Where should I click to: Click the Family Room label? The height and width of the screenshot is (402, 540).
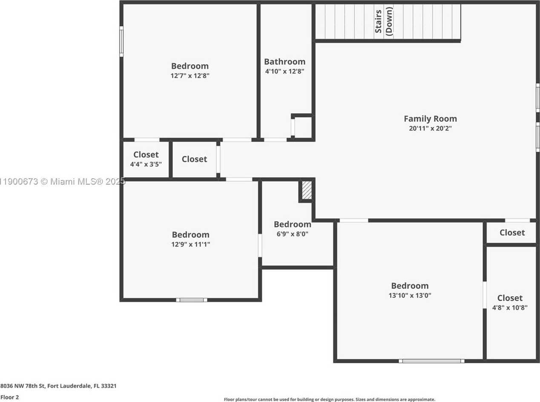coord(430,119)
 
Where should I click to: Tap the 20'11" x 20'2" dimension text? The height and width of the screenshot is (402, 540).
coord(430,128)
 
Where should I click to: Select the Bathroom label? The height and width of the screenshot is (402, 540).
coord(284,62)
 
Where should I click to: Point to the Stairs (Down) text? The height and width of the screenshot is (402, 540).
coord(384,21)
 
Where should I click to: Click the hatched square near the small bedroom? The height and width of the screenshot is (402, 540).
coord(307,190)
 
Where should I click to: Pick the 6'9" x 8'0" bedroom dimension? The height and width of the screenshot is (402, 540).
coord(292,234)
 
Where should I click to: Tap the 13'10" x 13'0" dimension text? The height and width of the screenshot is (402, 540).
coord(410,295)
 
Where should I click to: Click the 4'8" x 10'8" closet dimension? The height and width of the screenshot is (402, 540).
coord(510,308)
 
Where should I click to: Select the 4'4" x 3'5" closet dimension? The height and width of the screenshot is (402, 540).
coord(146,164)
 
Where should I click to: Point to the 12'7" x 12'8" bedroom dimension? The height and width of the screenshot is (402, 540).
coord(190,75)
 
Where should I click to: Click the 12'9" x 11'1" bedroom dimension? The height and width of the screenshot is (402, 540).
coord(191,244)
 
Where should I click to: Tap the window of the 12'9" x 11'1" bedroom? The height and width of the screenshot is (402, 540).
coord(192,300)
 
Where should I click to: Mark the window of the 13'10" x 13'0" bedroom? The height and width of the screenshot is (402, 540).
coord(431,361)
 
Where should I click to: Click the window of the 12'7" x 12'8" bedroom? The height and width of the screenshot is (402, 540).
coord(121,42)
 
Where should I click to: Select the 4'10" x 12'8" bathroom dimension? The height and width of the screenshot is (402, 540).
coord(284,71)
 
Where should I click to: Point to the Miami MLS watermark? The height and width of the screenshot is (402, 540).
coord(62,182)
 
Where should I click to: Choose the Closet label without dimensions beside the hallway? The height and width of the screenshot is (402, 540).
coord(194,159)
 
